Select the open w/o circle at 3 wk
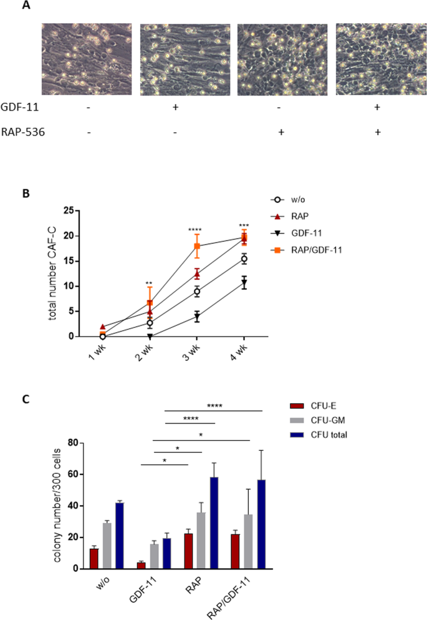click(196, 291)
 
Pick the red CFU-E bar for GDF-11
click(142, 565)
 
